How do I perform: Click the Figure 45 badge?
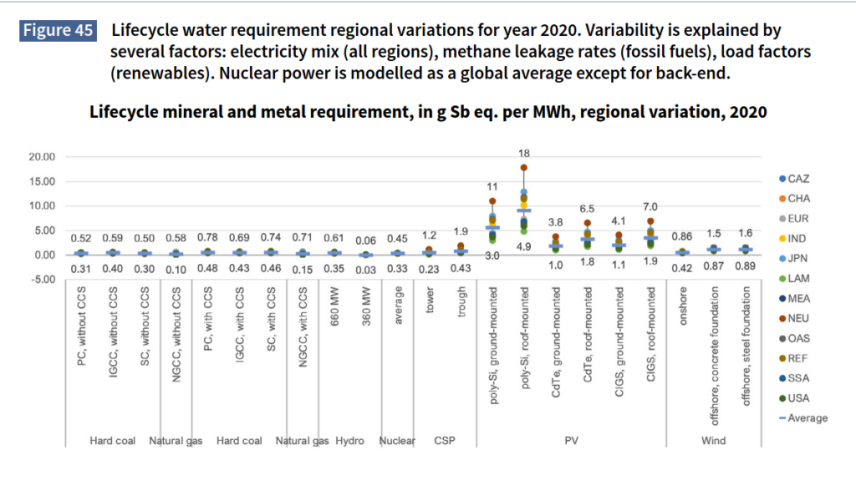(58, 31)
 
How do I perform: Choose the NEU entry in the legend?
(794, 318)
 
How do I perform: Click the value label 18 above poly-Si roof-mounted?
(524, 154)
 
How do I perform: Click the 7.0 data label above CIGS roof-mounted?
(650, 207)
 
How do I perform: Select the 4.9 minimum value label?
(524, 247)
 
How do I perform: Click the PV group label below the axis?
(573, 441)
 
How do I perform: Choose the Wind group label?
(713, 441)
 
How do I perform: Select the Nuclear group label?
(398, 441)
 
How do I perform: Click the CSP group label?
(445, 441)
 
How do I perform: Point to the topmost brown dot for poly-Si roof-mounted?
(524, 168)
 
